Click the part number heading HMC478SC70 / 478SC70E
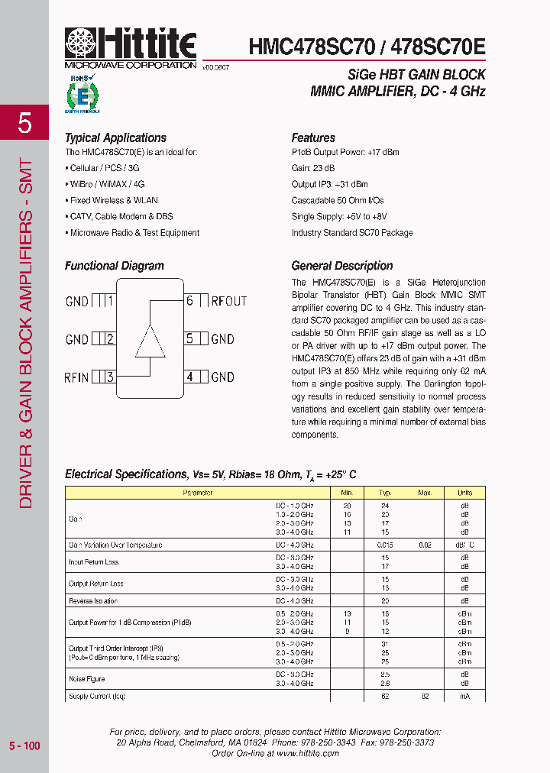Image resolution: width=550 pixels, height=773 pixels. (x=367, y=47)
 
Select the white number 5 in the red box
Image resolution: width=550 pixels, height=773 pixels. (x=24, y=122)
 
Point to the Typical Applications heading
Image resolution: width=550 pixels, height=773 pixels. (x=115, y=138)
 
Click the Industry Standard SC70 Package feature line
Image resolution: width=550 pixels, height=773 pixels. (x=351, y=233)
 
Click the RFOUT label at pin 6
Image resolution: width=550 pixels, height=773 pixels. (x=228, y=301)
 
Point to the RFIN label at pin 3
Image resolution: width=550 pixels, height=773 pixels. (x=77, y=377)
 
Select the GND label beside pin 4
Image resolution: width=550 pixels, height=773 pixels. (x=222, y=377)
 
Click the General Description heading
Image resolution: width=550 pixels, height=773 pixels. (x=342, y=266)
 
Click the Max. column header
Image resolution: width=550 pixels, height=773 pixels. (x=425, y=493)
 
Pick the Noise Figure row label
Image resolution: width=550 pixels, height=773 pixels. (x=87, y=678)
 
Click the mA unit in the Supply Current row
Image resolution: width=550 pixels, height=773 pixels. (x=464, y=697)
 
